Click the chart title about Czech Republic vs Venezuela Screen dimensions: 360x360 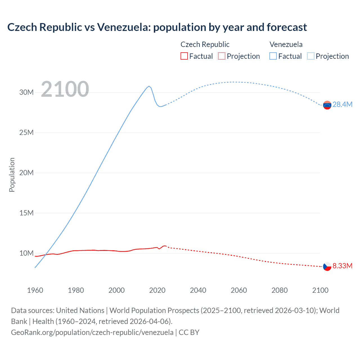(x=157, y=27)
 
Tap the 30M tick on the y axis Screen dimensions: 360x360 (x=26, y=92)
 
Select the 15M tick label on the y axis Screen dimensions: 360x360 (x=26, y=213)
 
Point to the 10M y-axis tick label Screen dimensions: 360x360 (x=26, y=253)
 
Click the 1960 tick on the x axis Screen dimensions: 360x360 (x=35, y=290)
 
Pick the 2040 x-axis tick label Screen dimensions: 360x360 (x=198, y=290)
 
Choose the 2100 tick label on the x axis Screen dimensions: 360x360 (x=320, y=290)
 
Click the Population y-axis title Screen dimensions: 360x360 (x=12, y=175)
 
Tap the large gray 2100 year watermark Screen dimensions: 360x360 (x=65, y=89)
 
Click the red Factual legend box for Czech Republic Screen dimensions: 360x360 (x=184, y=56)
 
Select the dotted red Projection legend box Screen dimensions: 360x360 (x=222, y=56)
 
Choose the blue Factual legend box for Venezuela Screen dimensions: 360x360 (x=273, y=56)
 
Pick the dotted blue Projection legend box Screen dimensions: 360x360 (x=311, y=56)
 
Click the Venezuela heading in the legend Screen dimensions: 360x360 (x=286, y=44)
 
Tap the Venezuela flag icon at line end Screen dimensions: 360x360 (x=327, y=105)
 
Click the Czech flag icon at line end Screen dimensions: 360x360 (x=327, y=266)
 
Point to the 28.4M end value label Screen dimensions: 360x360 (x=342, y=104)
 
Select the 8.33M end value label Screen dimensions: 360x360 (x=342, y=266)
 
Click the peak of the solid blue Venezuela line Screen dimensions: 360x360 (x=149, y=86)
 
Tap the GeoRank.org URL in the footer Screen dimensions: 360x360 (x=92, y=332)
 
